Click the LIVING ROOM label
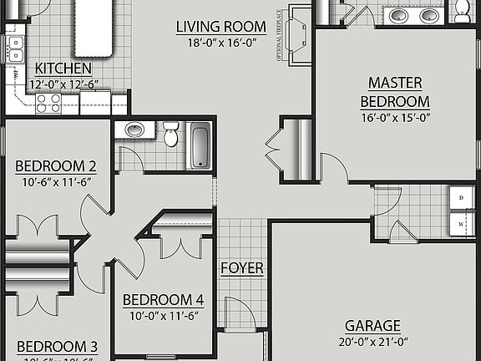tap(221, 27)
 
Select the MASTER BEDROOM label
tap(395, 92)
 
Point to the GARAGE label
tap(372, 325)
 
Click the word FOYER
tap(242, 268)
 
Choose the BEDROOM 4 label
tap(163, 300)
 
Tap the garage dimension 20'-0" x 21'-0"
tap(372, 341)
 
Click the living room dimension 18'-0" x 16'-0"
tap(221, 43)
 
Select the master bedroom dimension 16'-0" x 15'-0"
tap(395, 118)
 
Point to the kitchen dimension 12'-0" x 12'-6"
tap(65, 84)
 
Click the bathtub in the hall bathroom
tap(200, 145)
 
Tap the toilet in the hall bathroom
tap(171, 134)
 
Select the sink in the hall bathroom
tap(134, 130)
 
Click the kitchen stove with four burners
tap(49, 102)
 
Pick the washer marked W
tap(460, 226)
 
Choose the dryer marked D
tap(460, 197)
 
